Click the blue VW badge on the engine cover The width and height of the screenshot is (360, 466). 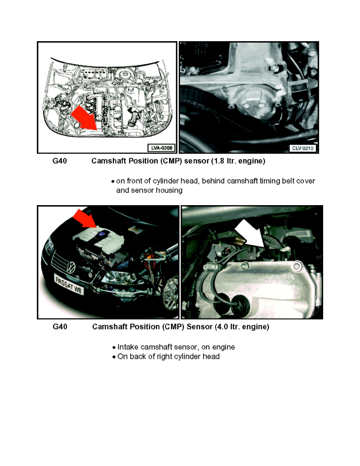(x=101, y=235)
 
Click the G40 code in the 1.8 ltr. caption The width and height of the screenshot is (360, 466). (x=60, y=161)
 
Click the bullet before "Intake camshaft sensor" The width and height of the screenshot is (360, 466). (x=113, y=348)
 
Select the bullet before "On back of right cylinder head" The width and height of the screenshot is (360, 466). (x=113, y=357)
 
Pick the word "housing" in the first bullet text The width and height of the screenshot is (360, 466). (x=169, y=190)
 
